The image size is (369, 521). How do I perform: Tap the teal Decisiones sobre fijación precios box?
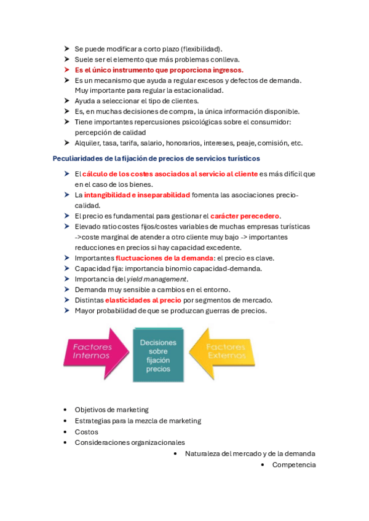157,356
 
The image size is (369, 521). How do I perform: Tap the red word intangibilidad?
106,195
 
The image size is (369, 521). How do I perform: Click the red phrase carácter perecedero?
245,216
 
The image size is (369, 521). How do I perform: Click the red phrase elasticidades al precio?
143,300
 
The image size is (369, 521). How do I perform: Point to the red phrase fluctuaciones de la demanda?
164,258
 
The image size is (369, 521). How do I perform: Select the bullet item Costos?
86,432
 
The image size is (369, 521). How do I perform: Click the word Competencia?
294,464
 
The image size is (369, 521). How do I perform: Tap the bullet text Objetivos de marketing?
111,409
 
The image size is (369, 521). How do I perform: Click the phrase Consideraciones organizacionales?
130,442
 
